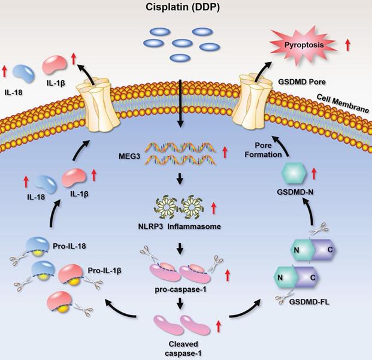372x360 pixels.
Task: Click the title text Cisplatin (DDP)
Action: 186,8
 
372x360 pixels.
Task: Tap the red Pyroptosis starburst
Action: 301,45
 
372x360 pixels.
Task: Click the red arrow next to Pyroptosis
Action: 349,44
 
